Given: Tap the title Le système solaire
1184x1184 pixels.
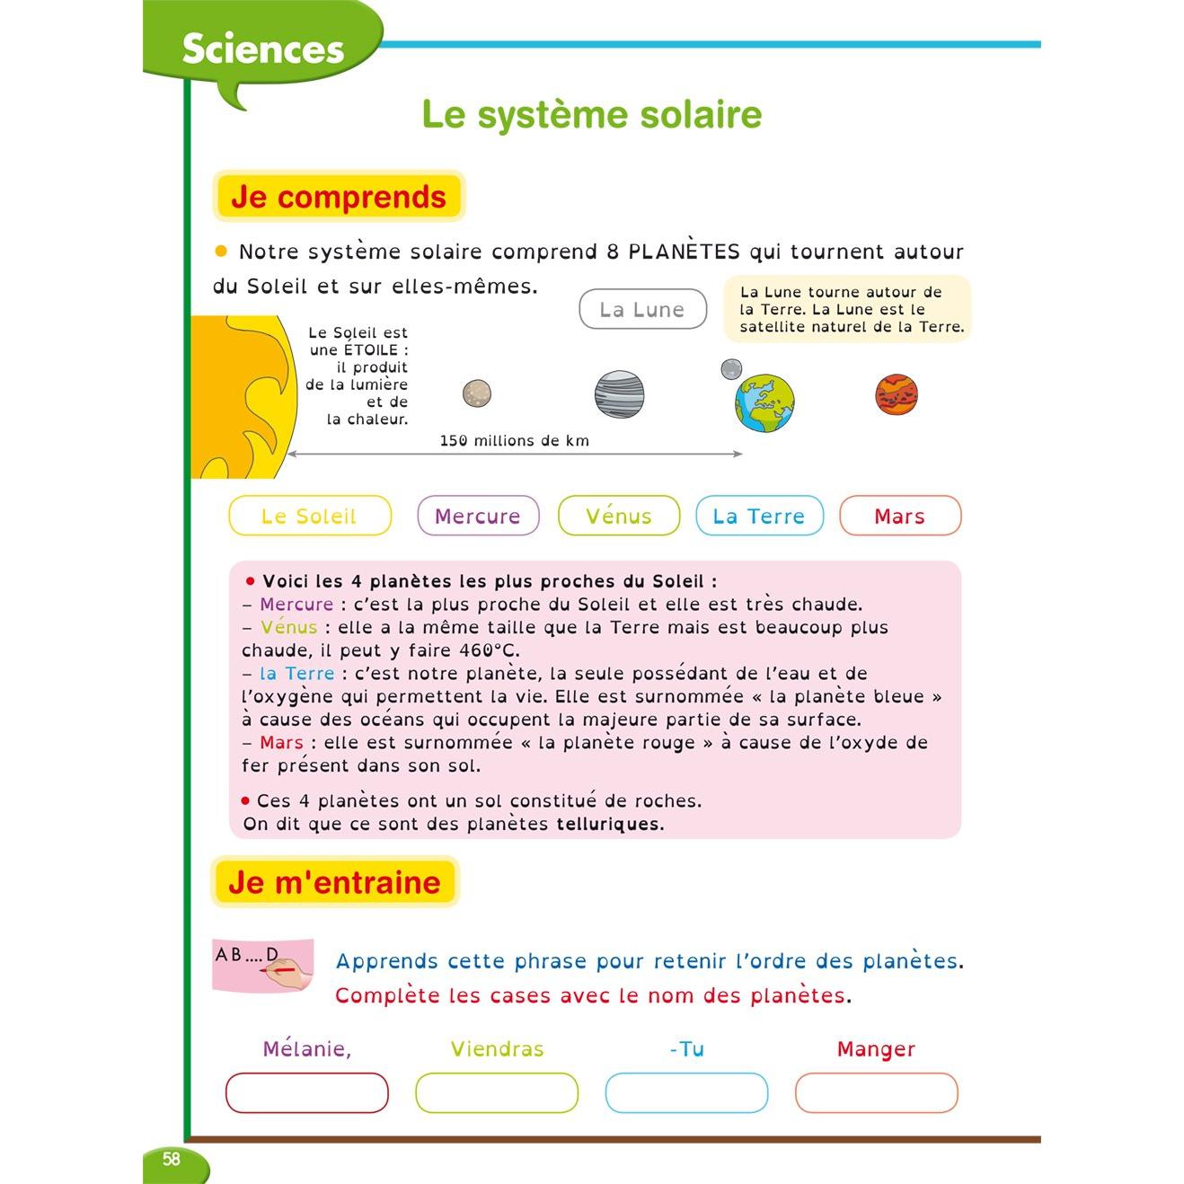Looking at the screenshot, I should (591, 115).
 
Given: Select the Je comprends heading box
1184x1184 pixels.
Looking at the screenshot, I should (339, 197).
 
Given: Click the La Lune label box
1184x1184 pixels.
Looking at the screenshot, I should (642, 310).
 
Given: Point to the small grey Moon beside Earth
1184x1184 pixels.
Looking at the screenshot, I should (731, 368).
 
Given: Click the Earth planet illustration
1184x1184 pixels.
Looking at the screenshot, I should (765, 402).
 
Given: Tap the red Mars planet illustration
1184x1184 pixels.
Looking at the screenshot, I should (897, 394).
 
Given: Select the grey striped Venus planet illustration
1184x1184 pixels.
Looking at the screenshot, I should (619, 393).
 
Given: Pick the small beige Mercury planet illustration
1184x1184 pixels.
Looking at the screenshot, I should (476, 393).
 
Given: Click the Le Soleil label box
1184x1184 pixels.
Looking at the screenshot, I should (310, 517).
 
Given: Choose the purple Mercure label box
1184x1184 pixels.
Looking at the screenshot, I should (478, 517).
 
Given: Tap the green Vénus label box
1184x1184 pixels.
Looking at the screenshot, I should (619, 517).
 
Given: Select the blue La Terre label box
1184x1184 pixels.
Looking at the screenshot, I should (759, 517).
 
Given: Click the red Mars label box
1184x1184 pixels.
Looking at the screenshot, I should (899, 517).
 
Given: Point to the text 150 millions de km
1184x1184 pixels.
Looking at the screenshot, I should (514, 441).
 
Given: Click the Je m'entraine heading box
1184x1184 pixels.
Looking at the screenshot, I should (334, 882).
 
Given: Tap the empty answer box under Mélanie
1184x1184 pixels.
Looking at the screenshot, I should (306, 1093).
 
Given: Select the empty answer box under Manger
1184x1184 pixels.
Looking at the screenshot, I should (876, 1093).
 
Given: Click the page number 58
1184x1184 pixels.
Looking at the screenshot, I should (171, 1159).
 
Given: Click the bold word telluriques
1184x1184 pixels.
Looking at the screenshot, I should (610, 825).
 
